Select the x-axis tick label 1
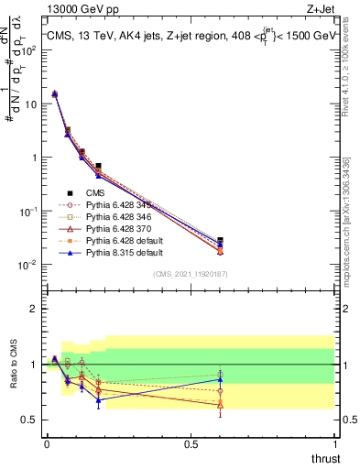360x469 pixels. [x=334, y=444]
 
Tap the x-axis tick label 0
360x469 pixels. [x=46, y=444]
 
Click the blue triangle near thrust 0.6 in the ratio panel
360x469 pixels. [x=220, y=379]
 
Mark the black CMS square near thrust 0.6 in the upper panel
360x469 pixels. [x=220, y=240]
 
